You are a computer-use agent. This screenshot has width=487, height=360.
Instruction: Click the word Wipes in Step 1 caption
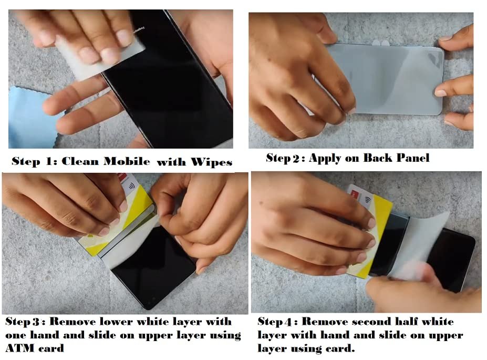tap(211, 162)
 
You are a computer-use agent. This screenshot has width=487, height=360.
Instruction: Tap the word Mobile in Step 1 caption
tap(127, 161)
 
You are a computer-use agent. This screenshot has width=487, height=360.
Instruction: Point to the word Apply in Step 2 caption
tap(326, 158)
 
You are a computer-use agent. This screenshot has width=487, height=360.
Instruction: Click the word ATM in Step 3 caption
tap(20, 348)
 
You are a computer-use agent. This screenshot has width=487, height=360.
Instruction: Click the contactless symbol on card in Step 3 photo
tap(132, 187)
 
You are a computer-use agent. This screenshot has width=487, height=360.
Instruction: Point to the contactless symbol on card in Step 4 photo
tap(369, 199)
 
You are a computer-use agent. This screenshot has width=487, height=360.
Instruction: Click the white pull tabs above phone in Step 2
tap(380, 43)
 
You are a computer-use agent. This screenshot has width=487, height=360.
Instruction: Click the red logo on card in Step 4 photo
tap(354, 194)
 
